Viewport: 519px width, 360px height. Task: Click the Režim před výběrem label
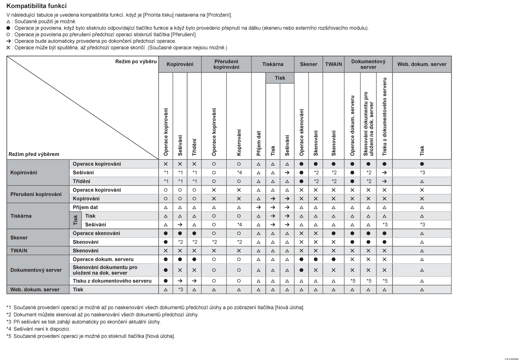(x=34, y=154)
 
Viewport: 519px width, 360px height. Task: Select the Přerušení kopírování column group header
(x=226, y=64)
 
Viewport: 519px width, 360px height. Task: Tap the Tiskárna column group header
(x=273, y=64)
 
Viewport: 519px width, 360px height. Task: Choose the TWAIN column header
(x=334, y=64)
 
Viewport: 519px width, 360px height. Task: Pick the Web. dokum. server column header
(x=422, y=64)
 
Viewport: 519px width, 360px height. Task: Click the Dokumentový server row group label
(x=37, y=270)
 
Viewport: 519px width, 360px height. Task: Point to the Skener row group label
(x=19, y=237)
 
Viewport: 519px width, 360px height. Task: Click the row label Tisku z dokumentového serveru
(x=112, y=281)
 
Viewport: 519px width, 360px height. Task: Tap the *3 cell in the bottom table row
(x=180, y=290)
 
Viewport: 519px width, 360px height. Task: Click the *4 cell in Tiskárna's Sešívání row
(x=239, y=224)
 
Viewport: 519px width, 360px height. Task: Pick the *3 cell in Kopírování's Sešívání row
(x=422, y=172)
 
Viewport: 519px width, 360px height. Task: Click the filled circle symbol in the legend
(x=8, y=28)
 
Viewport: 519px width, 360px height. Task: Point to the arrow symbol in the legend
(x=8, y=41)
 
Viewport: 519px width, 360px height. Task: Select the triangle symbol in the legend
(x=8, y=21)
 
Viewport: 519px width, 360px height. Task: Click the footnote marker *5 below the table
(x=9, y=336)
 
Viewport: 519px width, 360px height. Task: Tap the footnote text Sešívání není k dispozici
(x=42, y=329)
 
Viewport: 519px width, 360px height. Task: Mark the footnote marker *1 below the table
(x=9, y=307)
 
